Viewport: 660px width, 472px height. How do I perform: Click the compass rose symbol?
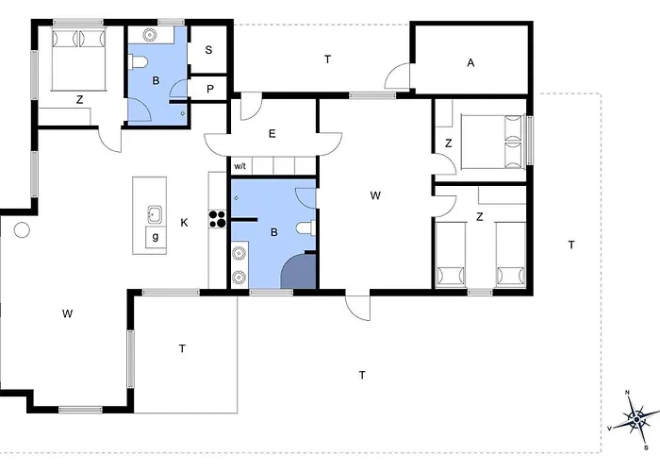click(636, 420)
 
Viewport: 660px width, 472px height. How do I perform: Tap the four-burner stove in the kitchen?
click(218, 219)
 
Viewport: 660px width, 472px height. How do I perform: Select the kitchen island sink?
click(155, 214)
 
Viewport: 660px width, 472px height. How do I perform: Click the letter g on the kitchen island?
click(156, 237)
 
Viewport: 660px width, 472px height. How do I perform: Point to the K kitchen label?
click(184, 223)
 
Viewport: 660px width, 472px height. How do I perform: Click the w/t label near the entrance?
click(239, 166)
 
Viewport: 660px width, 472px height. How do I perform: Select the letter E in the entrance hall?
click(272, 134)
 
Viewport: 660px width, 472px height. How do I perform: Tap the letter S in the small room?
click(208, 50)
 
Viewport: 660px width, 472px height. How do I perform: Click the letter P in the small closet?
click(210, 90)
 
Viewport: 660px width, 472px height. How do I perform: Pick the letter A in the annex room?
click(470, 63)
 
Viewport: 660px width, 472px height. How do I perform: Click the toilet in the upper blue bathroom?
click(139, 62)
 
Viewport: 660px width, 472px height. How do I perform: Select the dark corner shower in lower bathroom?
click(299, 271)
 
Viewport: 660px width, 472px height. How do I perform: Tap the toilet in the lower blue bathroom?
click(305, 228)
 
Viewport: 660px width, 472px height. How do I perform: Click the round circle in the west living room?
click(22, 230)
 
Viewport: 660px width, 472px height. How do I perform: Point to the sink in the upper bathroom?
click(150, 34)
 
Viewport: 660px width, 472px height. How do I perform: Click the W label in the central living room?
click(375, 195)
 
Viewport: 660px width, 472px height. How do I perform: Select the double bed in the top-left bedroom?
click(78, 59)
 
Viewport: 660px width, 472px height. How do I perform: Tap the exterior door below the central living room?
click(357, 307)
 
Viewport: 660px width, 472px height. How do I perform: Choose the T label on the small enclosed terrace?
click(182, 349)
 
